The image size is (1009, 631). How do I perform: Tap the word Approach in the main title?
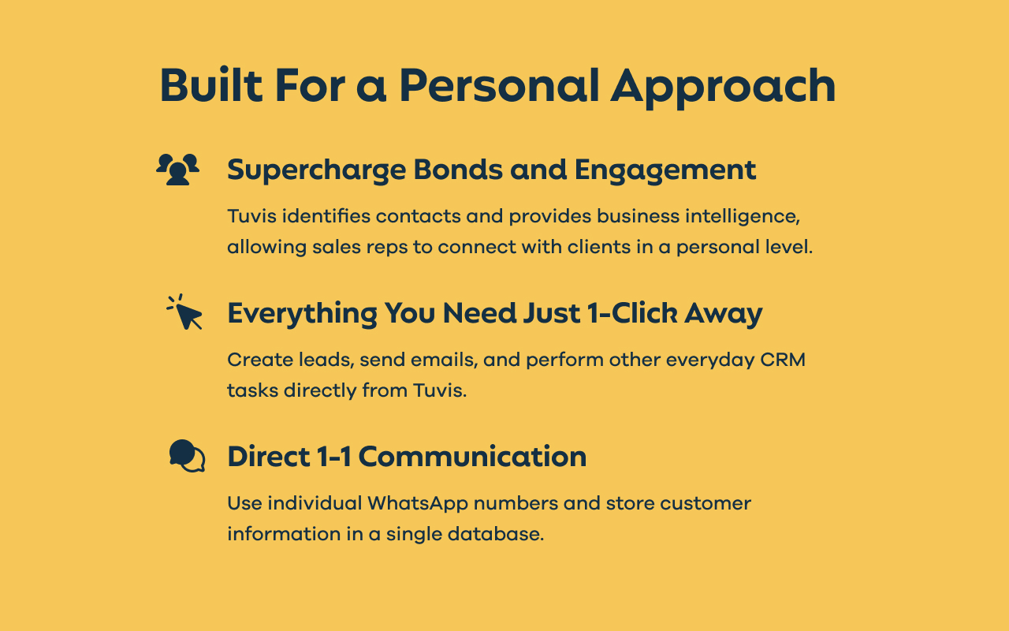(723, 87)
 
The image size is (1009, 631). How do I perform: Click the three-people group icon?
(178, 170)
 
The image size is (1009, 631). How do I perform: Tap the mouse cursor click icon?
(186, 312)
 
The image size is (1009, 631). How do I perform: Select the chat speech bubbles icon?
(187, 456)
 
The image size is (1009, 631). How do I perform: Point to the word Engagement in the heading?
(665, 170)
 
